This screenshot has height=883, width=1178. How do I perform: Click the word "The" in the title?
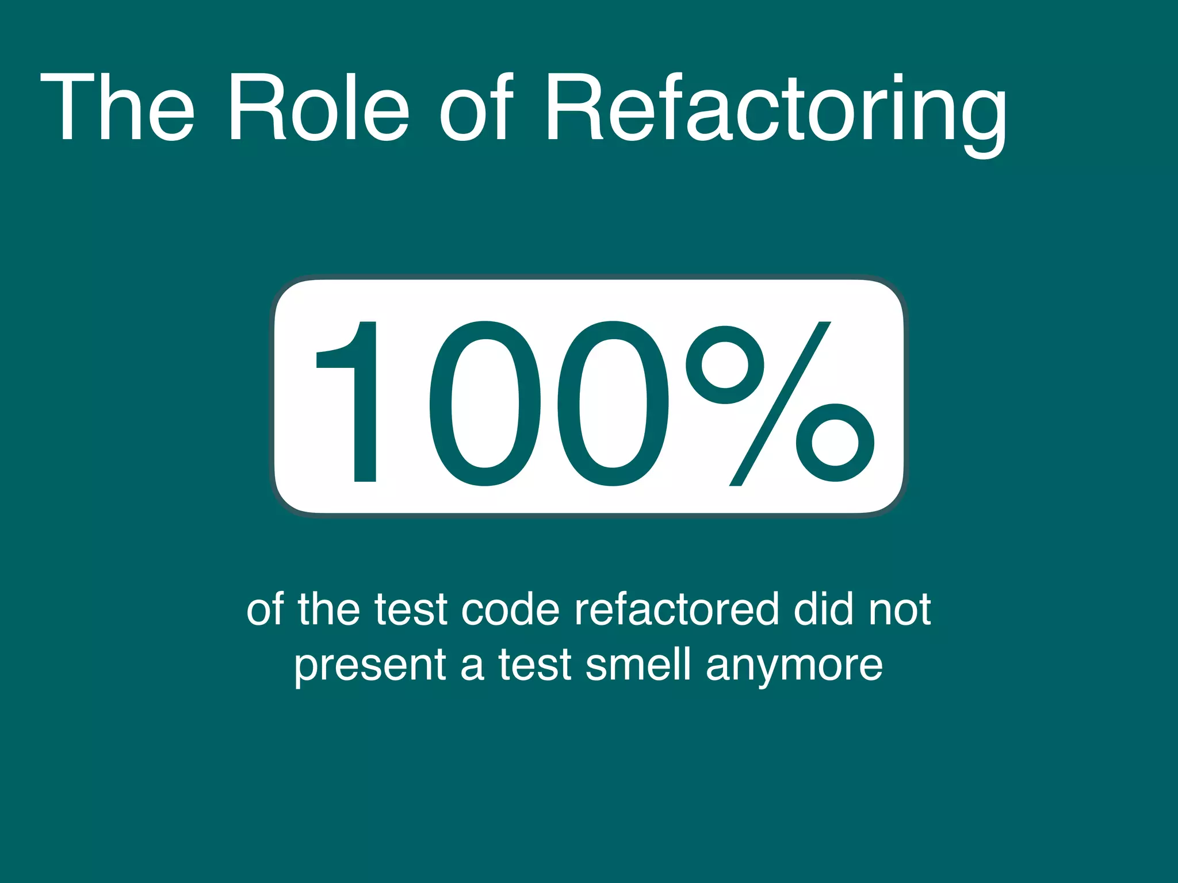click(x=117, y=108)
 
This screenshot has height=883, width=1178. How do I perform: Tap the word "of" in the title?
click(x=477, y=108)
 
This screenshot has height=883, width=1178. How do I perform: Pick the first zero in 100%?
click(x=485, y=402)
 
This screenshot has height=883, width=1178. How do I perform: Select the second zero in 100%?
click(x=613, y=402)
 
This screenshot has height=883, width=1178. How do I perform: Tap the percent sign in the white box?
click(x=779, y=402)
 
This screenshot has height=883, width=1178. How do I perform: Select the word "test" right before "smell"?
click(x=535, y=665)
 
